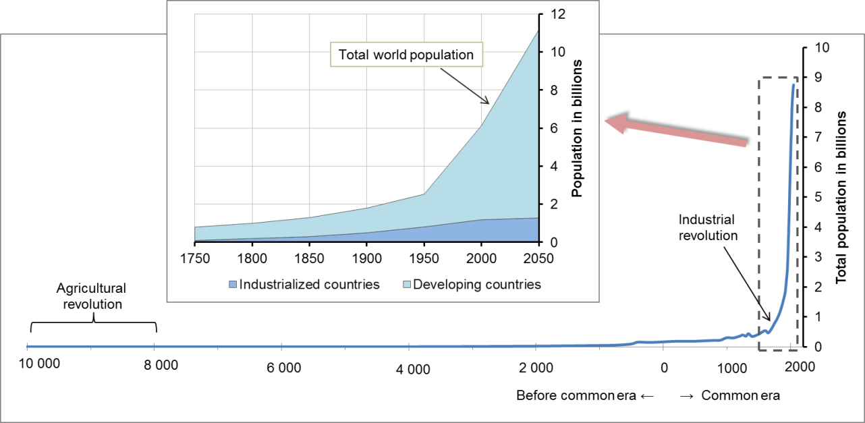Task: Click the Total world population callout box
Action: point(406,55)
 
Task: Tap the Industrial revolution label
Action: point(708,228)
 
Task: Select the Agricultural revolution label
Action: point(92,296)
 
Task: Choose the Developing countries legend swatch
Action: point(405,285)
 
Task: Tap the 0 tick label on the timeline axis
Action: point(664,368)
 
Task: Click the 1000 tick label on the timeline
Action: point(728,368)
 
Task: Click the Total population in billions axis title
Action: point(841,198)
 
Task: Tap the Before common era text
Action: point(576,395)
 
